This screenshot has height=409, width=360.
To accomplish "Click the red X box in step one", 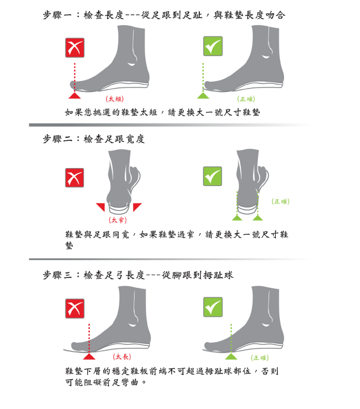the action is coord(75,48).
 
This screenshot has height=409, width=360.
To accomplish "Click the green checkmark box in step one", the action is coord(213,46).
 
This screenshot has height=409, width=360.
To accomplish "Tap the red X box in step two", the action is coord(74,178).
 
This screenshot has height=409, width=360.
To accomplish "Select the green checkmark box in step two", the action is coord(213,176).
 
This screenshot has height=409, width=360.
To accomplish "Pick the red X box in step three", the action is coord(75,309).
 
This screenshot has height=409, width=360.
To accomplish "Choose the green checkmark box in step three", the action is coord(213,307).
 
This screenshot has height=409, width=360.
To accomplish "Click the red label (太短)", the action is coord(115,99).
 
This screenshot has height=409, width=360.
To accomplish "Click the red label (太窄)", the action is coord(118,220).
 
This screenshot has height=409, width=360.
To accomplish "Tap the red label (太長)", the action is coord(122,357).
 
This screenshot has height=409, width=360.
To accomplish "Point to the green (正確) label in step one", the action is coord(246,99).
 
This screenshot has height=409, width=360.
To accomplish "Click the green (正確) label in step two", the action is coord(280,201).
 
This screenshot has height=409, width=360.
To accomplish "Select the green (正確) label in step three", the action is coord(260,358).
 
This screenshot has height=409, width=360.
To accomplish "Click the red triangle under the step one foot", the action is coord(74,96).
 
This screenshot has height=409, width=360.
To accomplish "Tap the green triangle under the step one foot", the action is coord(203,96).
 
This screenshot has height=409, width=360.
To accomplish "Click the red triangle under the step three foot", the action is coord(89,357).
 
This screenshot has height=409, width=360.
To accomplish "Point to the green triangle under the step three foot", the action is coord(231,357).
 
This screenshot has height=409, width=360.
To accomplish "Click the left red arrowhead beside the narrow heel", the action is coord(101,207).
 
